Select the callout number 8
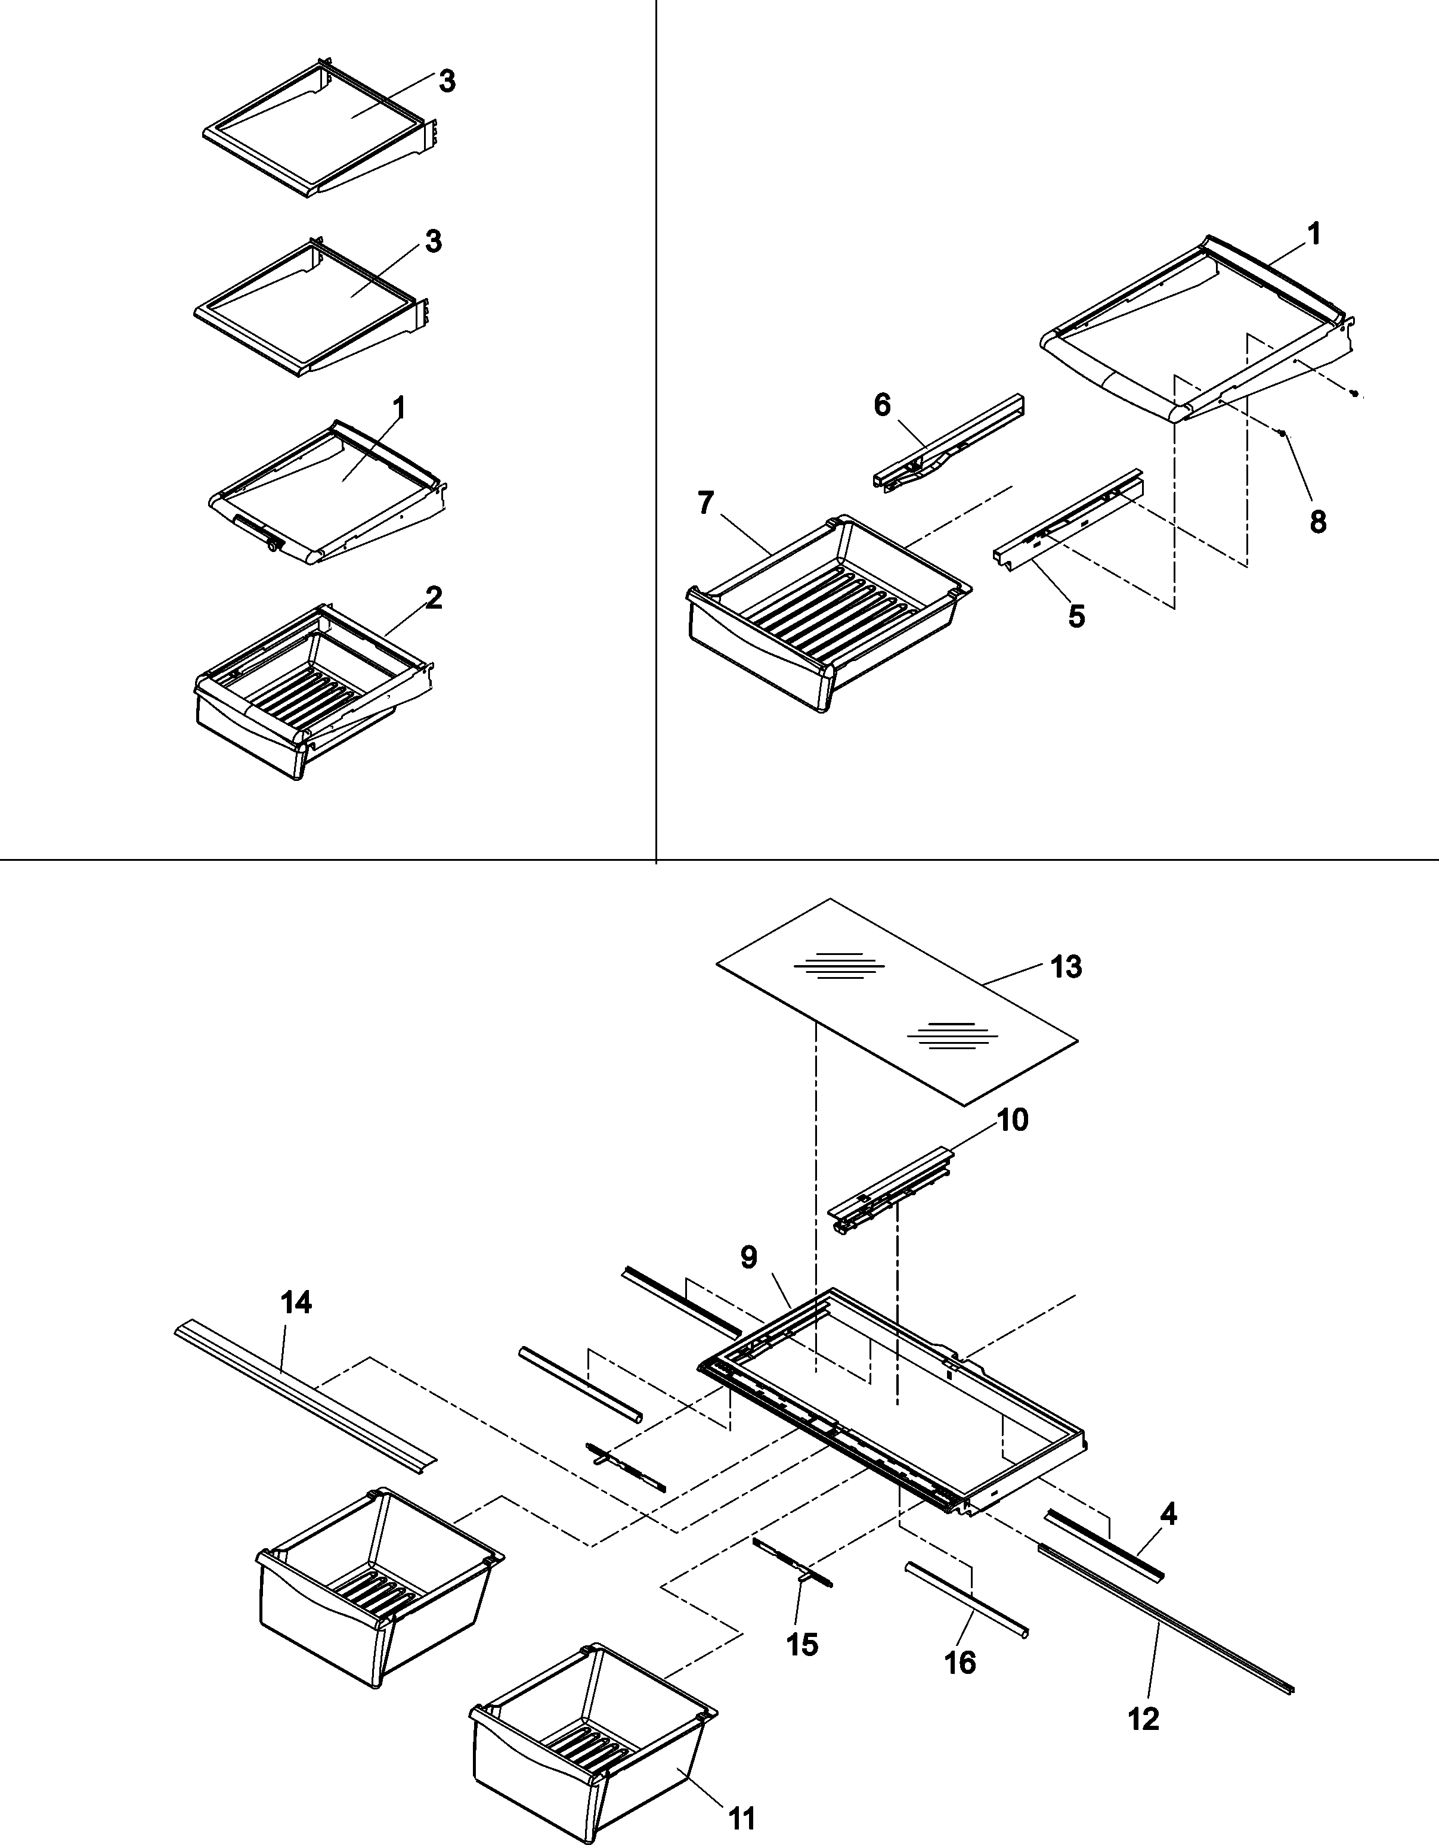pos(1317,522)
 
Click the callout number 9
pos(748,1282)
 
